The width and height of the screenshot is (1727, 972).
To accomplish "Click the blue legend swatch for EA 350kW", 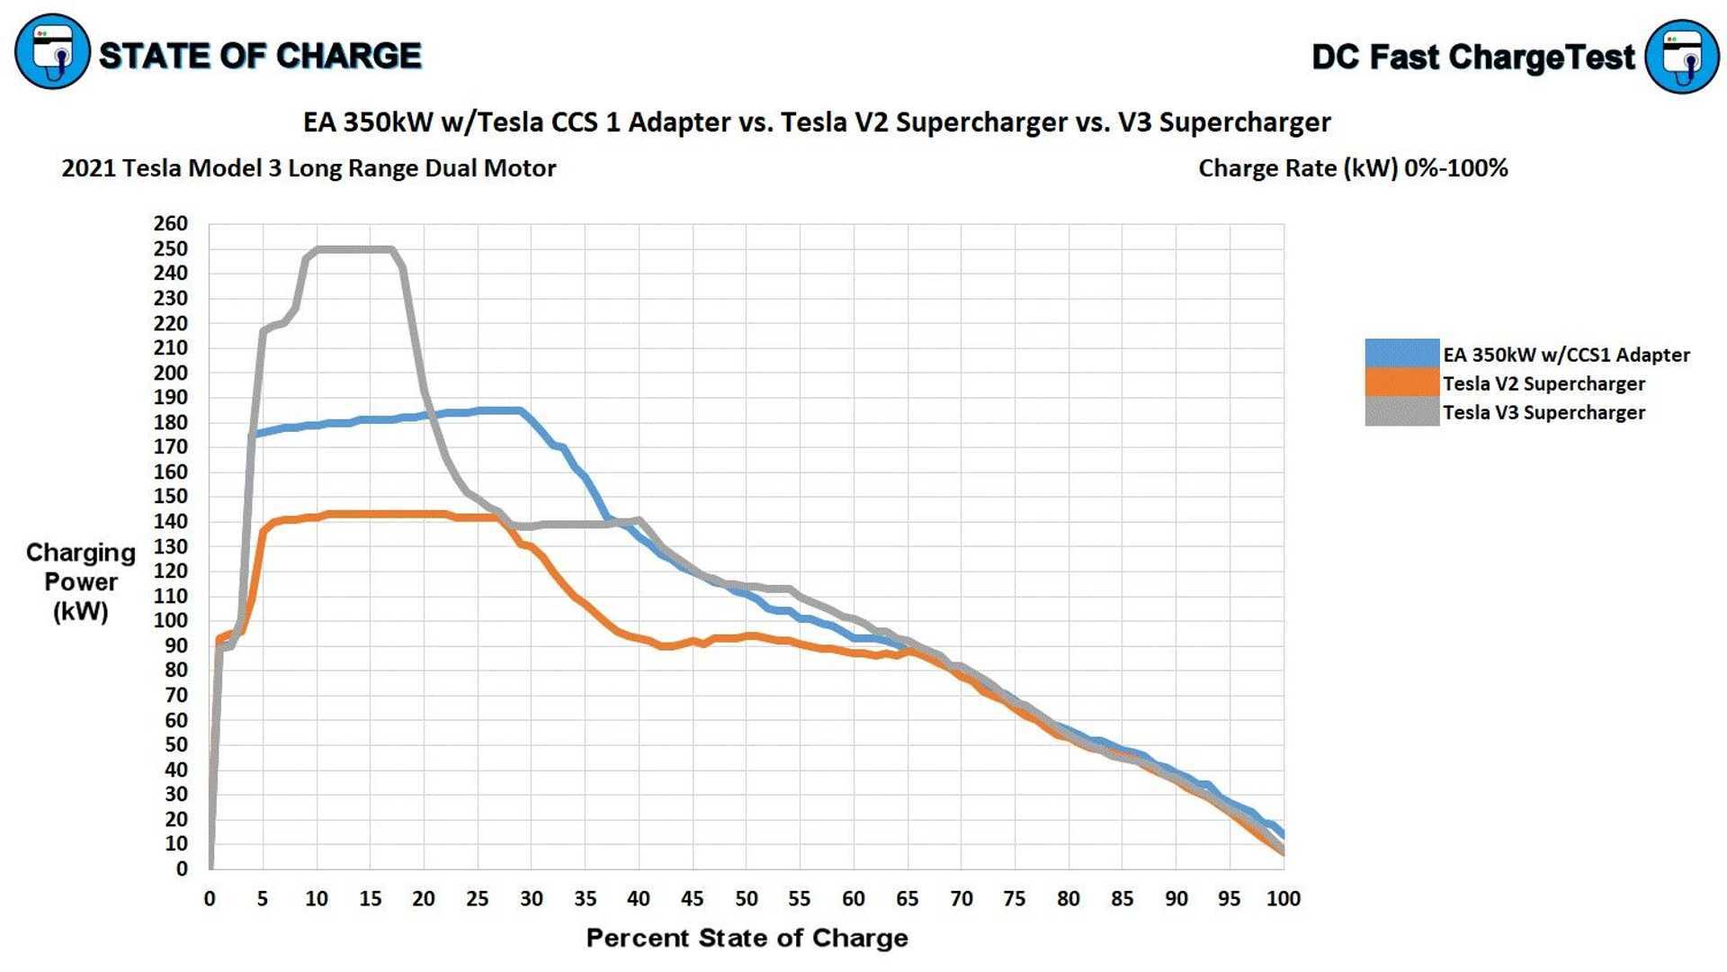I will point(1401,354).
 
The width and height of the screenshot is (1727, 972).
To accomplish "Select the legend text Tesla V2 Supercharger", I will point(1544,384).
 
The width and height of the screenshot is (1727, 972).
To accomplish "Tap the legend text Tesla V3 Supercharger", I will point(1544,413).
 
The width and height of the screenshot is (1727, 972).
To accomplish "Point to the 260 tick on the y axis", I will point(171,224).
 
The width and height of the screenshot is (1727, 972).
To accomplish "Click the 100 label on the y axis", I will point(171,621).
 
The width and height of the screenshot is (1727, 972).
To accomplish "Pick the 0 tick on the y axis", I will point(182,869).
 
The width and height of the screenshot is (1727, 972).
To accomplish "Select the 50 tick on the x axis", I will point(746,899).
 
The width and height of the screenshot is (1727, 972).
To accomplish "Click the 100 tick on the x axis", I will point(1283,899).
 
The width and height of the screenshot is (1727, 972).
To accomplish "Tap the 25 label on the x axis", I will point(478,899).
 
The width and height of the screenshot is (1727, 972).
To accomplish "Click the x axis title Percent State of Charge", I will point(747,939).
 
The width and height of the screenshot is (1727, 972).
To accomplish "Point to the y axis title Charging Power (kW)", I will point(81,582).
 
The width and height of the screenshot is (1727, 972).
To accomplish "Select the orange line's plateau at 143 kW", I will point(387,515).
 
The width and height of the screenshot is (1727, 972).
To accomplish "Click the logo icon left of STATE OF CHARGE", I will point(52,51).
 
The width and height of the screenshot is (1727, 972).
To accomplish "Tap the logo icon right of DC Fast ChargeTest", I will point(1681,56).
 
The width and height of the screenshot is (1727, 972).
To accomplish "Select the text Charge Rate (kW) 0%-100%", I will point(1353,168).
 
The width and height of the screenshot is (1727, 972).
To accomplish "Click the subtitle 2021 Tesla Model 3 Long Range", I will point(309,168).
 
